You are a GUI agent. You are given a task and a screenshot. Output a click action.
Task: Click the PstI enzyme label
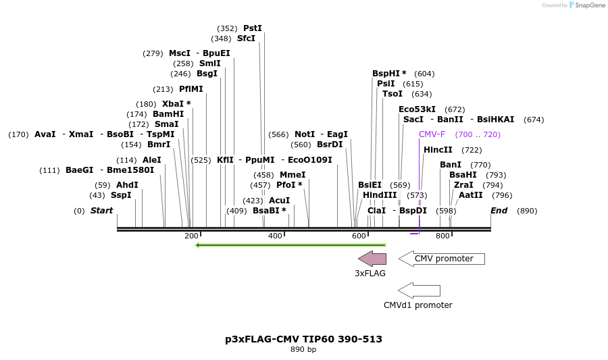(252, 28)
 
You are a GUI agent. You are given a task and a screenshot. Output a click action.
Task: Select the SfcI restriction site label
(246, 38)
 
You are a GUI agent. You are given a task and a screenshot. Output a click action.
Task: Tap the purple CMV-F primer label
(432, 134)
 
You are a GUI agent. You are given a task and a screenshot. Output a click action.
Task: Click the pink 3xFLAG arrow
(372, 259)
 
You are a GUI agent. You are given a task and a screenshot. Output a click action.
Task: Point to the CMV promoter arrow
(441, 259)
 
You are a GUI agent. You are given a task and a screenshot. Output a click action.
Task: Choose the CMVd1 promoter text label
(417, 305)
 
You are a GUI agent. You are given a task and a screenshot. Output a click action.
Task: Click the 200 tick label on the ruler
(191, 236)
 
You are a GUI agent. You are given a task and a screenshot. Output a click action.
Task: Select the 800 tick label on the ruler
(442, 236)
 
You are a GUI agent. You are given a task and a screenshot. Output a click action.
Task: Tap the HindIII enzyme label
(380, 195)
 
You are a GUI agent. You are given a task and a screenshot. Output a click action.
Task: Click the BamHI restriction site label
(168, 114)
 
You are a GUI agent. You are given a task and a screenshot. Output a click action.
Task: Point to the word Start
(101, 211)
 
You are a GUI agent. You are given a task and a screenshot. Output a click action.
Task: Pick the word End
(499, 211)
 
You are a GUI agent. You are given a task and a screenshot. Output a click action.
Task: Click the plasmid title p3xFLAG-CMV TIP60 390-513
(303, 339)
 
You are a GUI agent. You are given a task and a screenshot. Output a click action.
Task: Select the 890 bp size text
(303, 350)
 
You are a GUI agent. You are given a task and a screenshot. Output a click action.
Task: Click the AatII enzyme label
(471, 195)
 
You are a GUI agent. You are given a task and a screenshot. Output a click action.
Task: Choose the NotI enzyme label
(305, 134)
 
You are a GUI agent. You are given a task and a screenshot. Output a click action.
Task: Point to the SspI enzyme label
(121, 195)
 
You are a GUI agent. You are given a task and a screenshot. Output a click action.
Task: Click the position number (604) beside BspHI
(424, 74)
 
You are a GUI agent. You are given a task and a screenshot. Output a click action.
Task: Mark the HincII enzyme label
(438, 150)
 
